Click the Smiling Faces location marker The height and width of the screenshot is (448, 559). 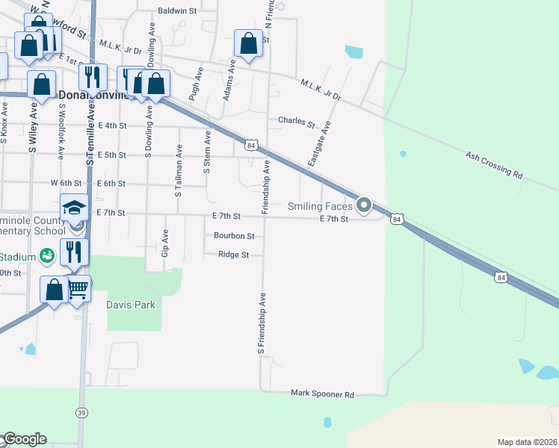click(x=364, y=205)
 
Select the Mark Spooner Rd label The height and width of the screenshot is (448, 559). click(x=321, y=393)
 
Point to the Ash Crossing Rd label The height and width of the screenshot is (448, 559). click(x=492, y=164)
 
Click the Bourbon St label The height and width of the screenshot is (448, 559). click(x=234, y=236)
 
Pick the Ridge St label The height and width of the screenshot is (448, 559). click(x=233, y=255)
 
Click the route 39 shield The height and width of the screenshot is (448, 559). click(x=81, y=412)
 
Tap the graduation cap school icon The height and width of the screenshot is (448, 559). click(x=75, y=207)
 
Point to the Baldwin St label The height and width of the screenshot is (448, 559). click(x=177, y=11)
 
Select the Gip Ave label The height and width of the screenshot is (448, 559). click(x=164, y=243)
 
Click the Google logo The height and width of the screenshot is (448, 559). click(x=25, y=439)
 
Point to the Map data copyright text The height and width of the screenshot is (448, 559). click(x=527, y=442)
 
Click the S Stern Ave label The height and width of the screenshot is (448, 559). click(x=208, y=151)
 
